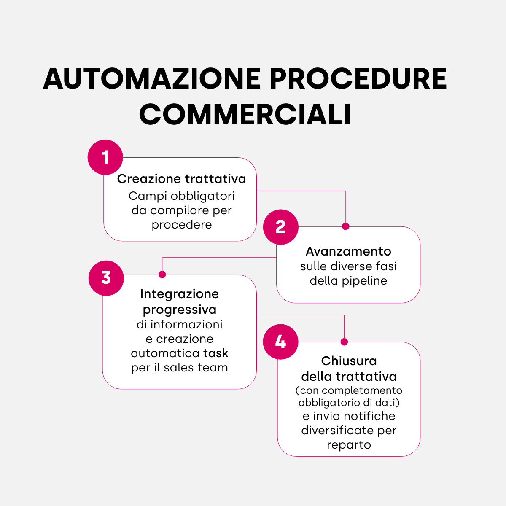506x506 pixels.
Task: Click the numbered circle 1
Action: tap(105, 157)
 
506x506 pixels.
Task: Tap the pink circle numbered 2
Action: tap(281, 227)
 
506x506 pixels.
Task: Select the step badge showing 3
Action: tap(106, 278)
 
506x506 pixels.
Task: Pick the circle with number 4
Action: tap(280, 342)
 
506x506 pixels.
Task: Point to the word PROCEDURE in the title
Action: tap(358, 78)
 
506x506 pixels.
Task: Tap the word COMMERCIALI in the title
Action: tap(245, 114)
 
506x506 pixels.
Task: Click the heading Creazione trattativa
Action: tap(181, 179)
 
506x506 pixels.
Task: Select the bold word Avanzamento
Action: tap(348, 251)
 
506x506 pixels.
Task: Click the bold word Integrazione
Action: tap(179, 294)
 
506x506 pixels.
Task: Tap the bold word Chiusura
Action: tap(349, 361)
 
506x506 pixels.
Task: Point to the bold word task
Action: tap(215, 353)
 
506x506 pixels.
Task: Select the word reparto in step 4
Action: tap(349, 445)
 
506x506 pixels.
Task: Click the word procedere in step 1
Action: tap(182, 225)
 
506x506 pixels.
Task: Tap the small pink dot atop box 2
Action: tap(346, 226)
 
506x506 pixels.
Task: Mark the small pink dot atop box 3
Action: tap(162, 275)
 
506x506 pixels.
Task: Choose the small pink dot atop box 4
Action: tap(344, 342)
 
